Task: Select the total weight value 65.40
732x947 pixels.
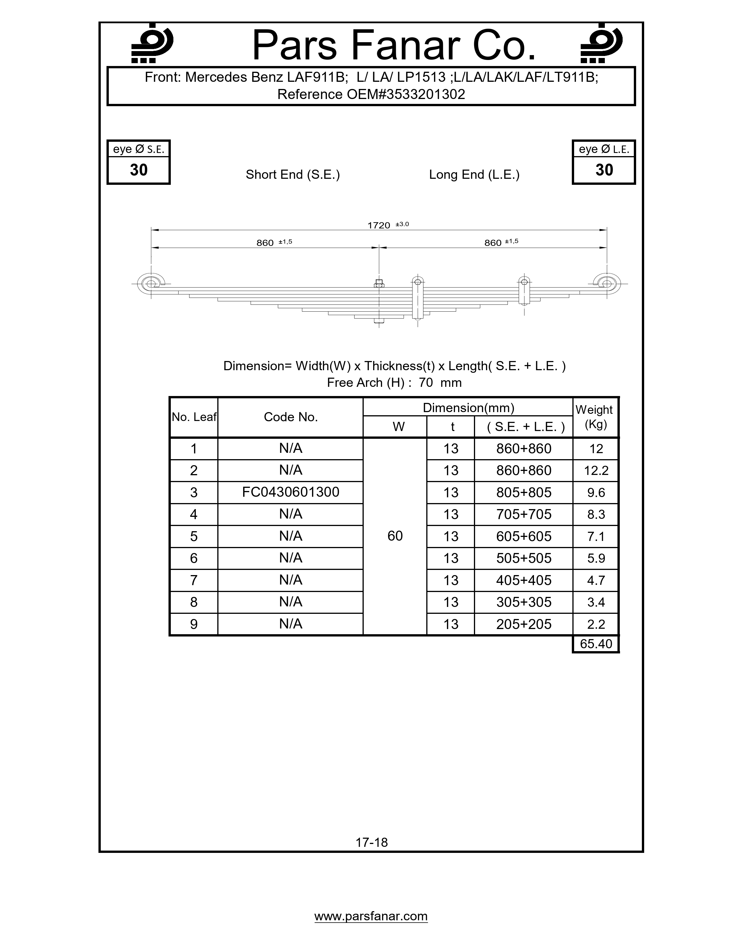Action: [x=596, y=643]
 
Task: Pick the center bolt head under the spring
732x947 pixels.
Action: [x=379, y=321]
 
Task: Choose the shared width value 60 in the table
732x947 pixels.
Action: [x=395, y=536]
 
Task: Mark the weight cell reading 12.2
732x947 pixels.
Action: [x=596, y=470]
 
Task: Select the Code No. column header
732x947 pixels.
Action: [x=291, y=417]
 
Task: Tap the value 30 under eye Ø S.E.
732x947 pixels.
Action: [x=139, y=170]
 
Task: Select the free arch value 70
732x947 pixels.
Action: [x=426, y=383]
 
